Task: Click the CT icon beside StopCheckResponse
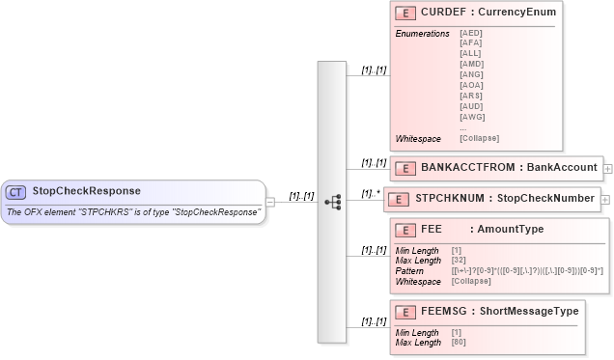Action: click(x=16, y=191)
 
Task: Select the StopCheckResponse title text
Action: click(x=86, y=191)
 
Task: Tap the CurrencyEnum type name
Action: click(x=516, y=13)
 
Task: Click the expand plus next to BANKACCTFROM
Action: click(x=607, y=168)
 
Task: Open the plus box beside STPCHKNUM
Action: click(x=605, y=200)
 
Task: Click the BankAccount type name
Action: click(x=562, y=168)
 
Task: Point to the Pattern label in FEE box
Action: click(x=409, y=270)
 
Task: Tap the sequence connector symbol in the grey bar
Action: click(x=333, y=203)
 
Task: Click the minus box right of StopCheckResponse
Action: click(x=271, y=202)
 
